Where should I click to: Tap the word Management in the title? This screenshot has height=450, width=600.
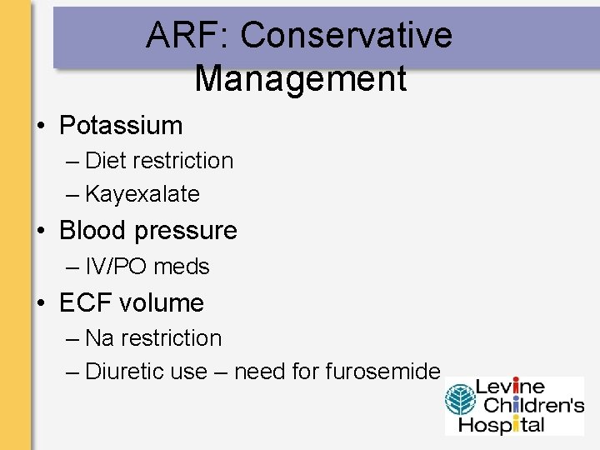coord(300,78)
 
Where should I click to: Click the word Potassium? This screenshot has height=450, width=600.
coord(121,126)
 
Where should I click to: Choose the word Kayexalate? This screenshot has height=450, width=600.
coord(142,194)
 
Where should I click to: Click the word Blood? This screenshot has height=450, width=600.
coord(92,230)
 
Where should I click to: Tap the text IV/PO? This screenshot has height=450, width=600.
coord(116,267)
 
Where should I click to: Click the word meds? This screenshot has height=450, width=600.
coord(181,267)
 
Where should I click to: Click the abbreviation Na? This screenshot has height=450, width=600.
coord(99,337)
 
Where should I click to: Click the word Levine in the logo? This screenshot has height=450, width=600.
coord(510,387)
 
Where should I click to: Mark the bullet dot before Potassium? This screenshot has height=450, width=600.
coord(40,127)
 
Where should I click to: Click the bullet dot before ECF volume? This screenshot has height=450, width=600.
coord(40,303)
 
